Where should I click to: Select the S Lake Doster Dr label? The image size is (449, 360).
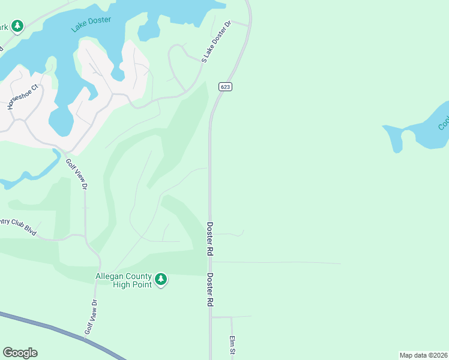pos(217,42)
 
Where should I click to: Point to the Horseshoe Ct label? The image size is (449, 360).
pos(22,97)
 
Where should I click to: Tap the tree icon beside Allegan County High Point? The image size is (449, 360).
pos(160,279)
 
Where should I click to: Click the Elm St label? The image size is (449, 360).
pos(231,346)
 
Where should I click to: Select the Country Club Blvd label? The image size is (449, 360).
pos(19,226)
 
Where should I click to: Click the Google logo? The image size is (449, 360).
pos(20,353)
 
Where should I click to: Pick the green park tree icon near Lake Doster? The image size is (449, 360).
pos(17,26)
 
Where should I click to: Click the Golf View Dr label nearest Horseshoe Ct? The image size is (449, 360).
pos(77,175)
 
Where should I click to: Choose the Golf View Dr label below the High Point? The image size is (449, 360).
pos(91,317)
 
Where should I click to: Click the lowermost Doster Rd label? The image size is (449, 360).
pos(210,290)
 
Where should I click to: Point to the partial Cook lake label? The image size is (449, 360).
pos(443,122)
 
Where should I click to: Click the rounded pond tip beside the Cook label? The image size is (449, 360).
pos(396,144)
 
